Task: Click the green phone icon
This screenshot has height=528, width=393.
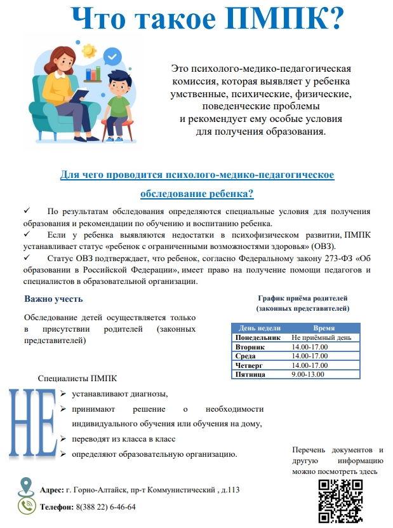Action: tap(27, 506)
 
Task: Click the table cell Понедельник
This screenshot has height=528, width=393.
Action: tap(257, 338)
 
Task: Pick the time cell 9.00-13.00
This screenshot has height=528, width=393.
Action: tap(307, 375)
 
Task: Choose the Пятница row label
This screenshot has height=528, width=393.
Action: tap(251, 375)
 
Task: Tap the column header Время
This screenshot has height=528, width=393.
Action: tap(315, 328)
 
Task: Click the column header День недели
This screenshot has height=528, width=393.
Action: tap(259, 328)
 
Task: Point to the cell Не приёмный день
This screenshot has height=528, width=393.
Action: tap(317, 338)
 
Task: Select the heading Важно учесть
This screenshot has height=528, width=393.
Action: tap(53, 299)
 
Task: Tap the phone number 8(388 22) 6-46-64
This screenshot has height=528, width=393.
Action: tap(105, 507)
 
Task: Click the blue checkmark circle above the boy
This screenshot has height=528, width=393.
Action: tap(114, 58)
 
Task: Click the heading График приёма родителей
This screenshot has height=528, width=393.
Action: tap(302, 298)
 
